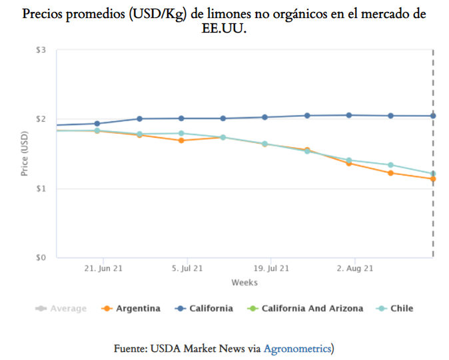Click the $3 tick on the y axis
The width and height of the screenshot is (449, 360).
click(41, 51)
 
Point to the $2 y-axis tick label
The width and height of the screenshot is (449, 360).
click(41, 119)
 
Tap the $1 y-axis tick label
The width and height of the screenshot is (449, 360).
click(41, 189)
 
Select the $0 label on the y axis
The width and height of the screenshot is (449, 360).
click(41, 258)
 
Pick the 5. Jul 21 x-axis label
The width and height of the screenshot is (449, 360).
click(189, 269)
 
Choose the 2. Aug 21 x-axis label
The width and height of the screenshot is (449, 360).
click(354, 269)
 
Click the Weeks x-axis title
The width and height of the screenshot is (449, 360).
click(244, 282)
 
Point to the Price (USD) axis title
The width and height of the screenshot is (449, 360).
click(25, 154)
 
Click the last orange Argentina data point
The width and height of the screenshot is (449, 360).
click(433, 179)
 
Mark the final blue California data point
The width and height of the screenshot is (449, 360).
click(433, 116)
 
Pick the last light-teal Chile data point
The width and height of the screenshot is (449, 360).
click(433, 174)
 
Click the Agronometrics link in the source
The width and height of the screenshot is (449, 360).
click(297, 348)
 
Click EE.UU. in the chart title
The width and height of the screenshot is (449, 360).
click(224, 29)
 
